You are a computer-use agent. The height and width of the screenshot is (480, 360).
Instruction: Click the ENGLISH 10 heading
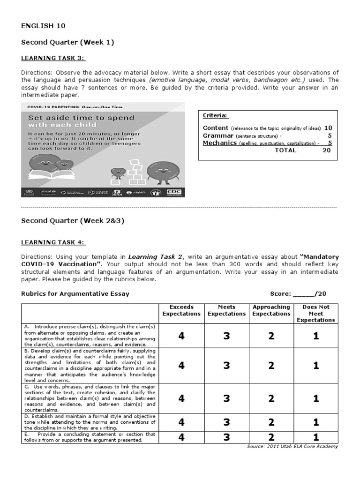click(x=39, y=26)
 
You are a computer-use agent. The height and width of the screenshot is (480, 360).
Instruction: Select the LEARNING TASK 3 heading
click(x=53, y=58)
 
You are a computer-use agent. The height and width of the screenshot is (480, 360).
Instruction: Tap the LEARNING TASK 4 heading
click(x=53, y=242)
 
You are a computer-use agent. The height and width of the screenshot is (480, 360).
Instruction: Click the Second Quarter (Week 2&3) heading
click(x=73, y=221)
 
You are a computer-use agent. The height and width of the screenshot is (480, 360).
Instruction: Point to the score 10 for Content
click(x=328, y=127)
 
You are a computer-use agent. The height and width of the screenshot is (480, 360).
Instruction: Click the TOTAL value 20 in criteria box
click(x=327, y=150)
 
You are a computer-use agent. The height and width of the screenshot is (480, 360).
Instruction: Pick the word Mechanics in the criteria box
click(x=219, y=143)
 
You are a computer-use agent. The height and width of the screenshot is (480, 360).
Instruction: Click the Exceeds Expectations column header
click(x=181, y=310)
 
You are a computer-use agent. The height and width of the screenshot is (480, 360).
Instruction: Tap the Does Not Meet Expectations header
click(x=315, y=314)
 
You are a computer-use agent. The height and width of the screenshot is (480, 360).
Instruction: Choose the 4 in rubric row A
click(x=181, y=336)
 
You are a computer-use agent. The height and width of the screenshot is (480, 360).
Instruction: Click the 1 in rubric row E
click(x=316, y=437)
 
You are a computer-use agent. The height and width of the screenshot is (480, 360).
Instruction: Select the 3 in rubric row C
click(x=226, y=398)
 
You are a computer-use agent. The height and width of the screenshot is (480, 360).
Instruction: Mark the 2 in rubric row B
click(x=271, y=366)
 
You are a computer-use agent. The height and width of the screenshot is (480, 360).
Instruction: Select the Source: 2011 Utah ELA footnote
click(x=292, y=446)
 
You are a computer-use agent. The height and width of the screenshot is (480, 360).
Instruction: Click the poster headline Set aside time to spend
click(x=81, y=118)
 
